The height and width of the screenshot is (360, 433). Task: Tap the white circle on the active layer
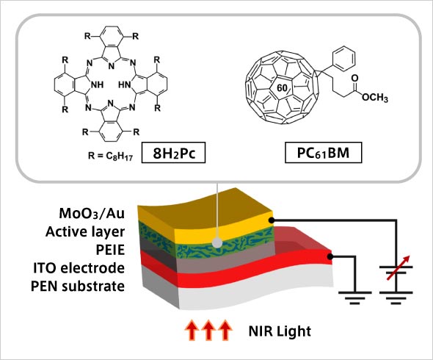pyautogui.click(x=218, y=242)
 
